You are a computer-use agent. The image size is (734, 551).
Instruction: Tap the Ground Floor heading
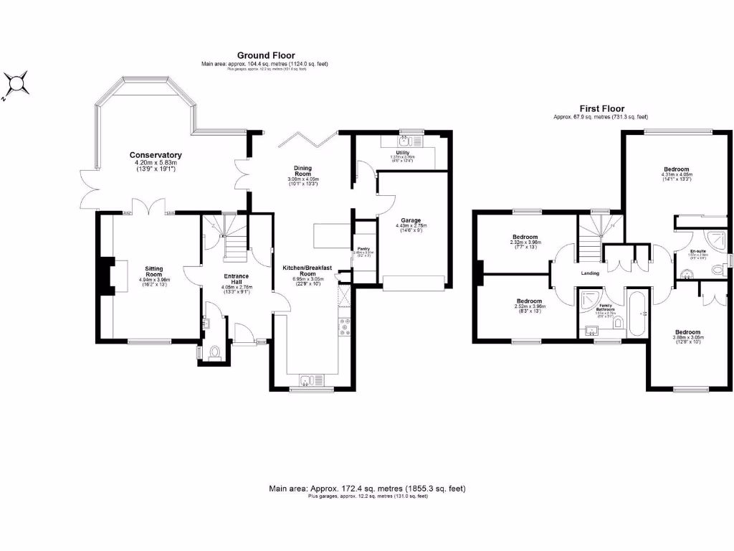(266, 55)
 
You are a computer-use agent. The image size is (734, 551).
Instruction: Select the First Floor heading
(601, 108)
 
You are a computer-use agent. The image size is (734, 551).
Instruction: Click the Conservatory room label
(156, 155)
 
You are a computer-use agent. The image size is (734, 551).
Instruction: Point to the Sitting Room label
(155, 272)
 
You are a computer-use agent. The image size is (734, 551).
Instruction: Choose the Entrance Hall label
(237, 279)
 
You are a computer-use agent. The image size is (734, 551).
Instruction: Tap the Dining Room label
(302, 171)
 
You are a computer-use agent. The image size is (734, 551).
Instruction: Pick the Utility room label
(402, 152)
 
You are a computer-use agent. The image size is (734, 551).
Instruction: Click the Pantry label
(363, 248)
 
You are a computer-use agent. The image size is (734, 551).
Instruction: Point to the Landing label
(590, 273)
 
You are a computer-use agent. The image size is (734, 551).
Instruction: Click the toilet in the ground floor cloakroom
(215, 353)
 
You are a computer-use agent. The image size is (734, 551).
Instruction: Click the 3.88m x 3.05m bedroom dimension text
(687, 339)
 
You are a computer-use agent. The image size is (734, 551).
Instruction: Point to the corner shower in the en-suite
(717, 240)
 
